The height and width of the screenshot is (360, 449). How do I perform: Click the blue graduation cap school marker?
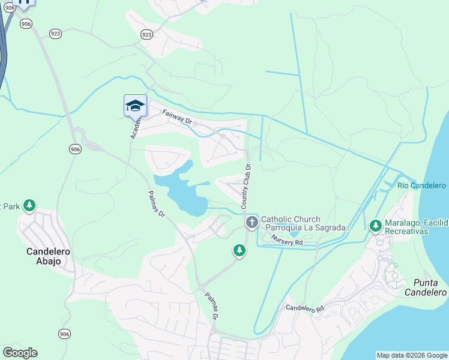(x=135, y=106)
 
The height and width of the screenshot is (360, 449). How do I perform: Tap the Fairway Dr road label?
(x=176, y=116)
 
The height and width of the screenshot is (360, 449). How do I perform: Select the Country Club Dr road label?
(x=246, y=185)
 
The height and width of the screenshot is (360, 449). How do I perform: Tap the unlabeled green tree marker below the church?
(x=240, y=250)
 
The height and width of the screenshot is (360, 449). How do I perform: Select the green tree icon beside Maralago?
(x=376, y=226)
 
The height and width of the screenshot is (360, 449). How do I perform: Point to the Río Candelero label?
(x=421, y=185)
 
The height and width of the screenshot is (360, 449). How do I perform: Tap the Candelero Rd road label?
(x=304, y=308)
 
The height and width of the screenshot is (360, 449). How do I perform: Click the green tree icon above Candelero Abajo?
(x=29, y=206)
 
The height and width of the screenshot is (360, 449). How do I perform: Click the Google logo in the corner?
(x=20, y=353)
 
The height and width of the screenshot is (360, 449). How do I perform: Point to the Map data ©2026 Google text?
(x=411, y=355)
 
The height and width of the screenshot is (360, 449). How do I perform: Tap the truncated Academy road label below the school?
(x=136, y=128)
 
